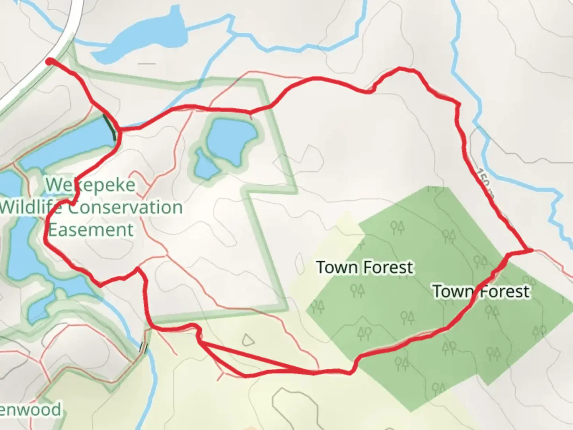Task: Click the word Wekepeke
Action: (90, 185)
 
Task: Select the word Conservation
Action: (125, 207)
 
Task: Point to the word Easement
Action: (91, 230)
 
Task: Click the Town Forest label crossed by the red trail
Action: (481, 291)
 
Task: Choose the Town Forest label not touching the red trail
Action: (364, 267)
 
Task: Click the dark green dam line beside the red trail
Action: (110, 127)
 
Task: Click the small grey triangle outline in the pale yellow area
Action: (248, 340)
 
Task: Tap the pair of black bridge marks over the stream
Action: (143, 348)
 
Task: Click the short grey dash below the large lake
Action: (148, 63)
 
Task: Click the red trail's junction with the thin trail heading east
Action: (531, 250)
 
